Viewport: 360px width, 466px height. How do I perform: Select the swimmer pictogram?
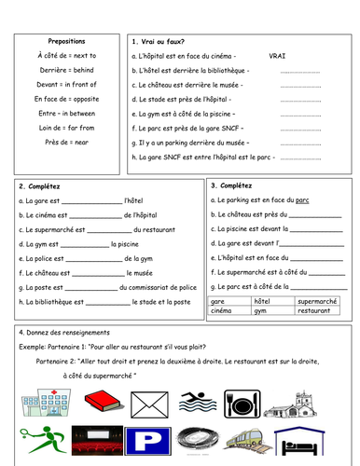pos(198,403)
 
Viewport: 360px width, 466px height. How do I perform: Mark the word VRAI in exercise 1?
pos(277,56)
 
